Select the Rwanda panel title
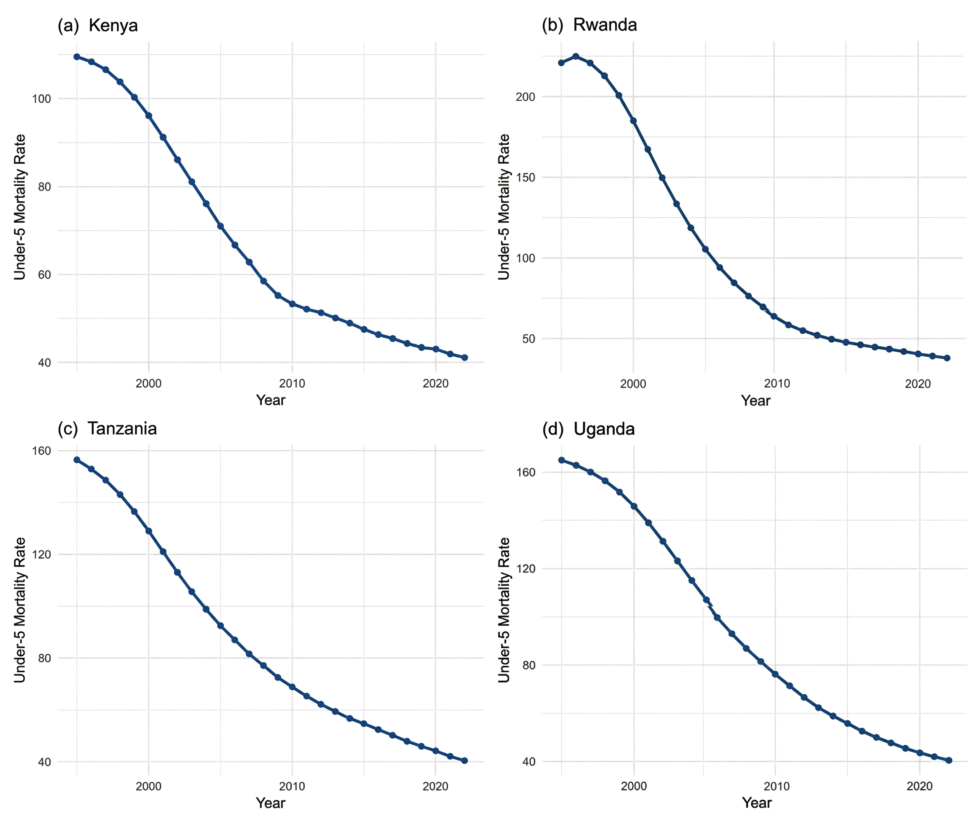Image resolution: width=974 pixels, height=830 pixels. coord(589,25)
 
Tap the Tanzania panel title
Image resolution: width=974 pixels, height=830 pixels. coord(107,429)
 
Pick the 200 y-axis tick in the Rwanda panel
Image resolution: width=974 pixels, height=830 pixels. coord(525,97)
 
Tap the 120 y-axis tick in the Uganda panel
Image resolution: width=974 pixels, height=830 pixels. coord(525,569)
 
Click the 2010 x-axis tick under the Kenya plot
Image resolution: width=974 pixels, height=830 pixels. coord(292,384)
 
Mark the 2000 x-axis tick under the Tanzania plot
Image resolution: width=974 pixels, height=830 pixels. coord(148,786)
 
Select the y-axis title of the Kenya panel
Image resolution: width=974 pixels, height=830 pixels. coord(20,207)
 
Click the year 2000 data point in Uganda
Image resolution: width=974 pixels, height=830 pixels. coord(634,506)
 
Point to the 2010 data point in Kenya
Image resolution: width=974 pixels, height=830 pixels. coord(292,304)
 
